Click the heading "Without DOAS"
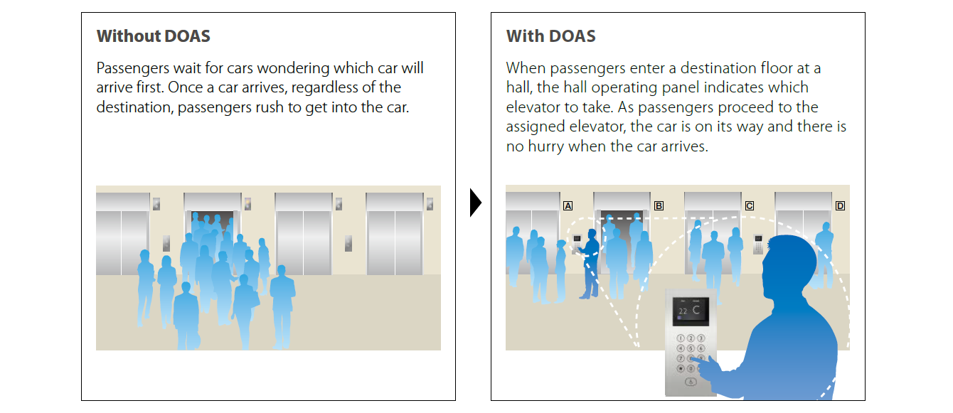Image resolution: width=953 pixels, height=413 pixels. (154, 36)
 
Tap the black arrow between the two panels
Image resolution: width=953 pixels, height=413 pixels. (476, 204)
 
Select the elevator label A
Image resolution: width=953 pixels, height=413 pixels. (568, 206)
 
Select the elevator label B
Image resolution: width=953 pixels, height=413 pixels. (659, 206)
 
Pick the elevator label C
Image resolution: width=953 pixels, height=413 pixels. (749, 206)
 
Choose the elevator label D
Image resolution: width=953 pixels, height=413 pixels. (840, 206)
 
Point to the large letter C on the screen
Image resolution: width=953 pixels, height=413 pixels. (696, 309)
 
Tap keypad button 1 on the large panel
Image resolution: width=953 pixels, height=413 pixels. (681, 339)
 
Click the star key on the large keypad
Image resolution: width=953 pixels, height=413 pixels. (681, 369)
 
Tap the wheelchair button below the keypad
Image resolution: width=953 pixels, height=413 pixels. (691, 382)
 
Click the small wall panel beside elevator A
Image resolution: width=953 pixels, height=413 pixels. (578, 237)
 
